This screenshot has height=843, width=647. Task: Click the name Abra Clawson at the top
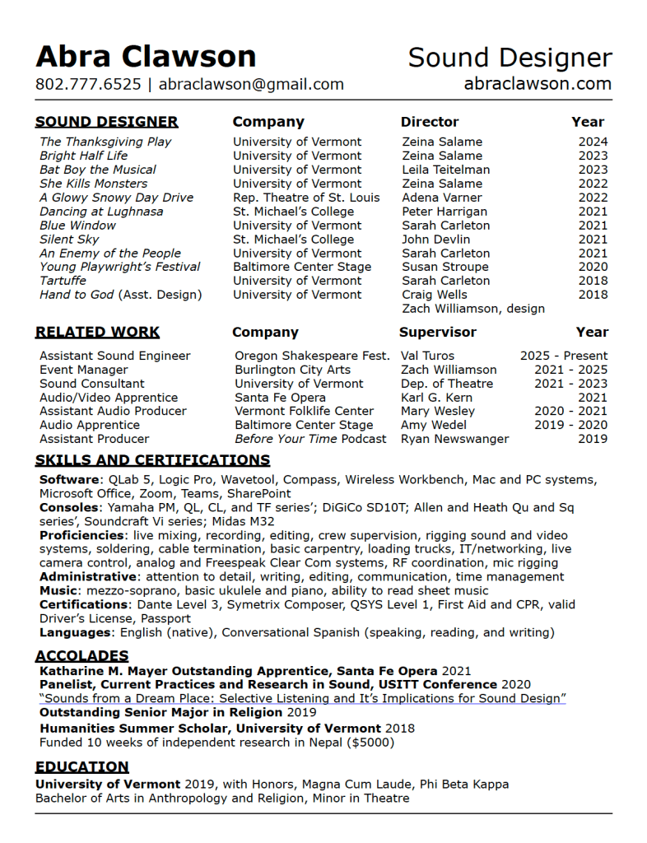coord(146,57)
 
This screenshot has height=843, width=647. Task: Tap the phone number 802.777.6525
coord(88,84)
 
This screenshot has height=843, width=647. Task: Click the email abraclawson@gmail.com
coord(251,84)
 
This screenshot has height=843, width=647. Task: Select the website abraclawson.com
coord(538,83)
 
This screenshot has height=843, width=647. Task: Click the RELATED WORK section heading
coord(97,333)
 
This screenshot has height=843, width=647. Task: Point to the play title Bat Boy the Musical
coord(97,170)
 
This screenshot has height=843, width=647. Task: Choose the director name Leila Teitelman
coord(445,170)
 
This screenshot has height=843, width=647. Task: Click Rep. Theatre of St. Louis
coord(306,198)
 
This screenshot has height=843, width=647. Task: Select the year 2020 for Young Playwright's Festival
coord(593,267)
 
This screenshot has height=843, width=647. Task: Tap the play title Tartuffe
coord(63,281)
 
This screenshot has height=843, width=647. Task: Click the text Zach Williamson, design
coord(473,309)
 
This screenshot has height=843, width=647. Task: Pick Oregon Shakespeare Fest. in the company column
coord(312,356)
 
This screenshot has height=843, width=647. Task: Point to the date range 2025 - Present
coord(564,356)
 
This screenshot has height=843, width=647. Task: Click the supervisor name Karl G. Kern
coord(437,398)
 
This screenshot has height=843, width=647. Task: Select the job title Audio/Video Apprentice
coord(109,398)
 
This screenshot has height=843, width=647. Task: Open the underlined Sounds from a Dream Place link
coord(302,698)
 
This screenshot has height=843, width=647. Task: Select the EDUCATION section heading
coord(81,767)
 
